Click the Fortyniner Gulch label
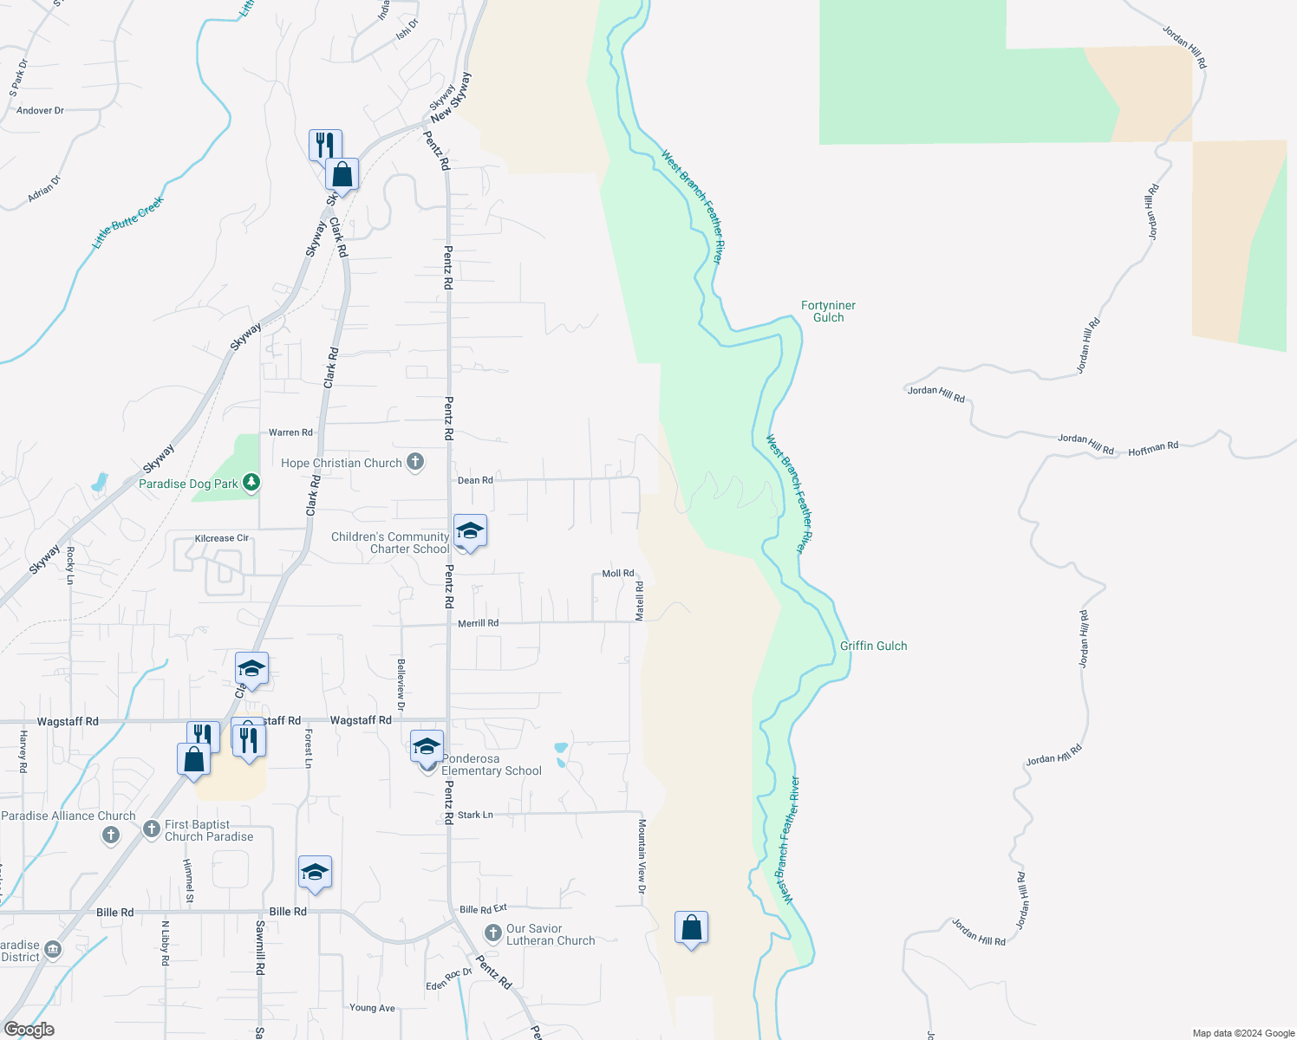pos(828,311)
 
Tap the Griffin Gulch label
pos(873,646)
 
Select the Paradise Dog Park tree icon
pos(251,482)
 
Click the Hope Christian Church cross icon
pos(415,462)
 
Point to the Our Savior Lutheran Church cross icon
pos(492,933)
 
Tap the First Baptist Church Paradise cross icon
pos(152,829)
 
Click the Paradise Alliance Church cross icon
pos(110,835)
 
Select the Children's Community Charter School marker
pos(469,531)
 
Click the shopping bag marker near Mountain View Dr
pos(691,928)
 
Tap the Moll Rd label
pos(618,574)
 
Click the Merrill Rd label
pos(478,623)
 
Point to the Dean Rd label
pos(475,480)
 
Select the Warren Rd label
pos(290,432)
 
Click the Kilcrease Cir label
pos(222,538)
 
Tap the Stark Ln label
pos(475,815)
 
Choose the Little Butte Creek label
pos(127,223)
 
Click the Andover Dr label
pos(40,111)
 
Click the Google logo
pos(29,1030)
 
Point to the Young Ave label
pos(372,1008)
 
